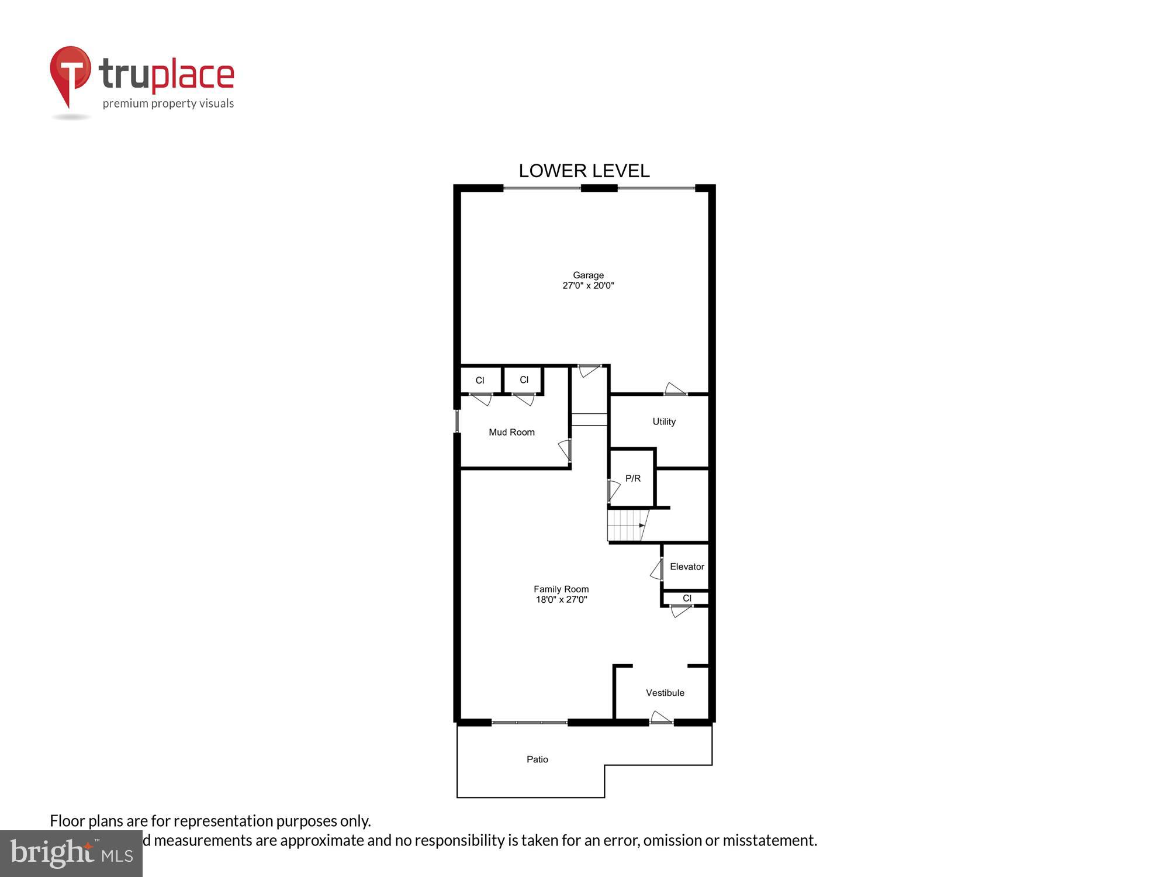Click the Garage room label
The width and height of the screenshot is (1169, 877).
tap(588, 275)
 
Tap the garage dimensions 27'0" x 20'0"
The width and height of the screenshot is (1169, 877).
tap(588, 286)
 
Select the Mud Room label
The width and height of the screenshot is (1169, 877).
tap(511, 433)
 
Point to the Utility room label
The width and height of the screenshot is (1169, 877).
tap(664, 422)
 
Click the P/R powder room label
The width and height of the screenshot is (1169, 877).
tap(632, 478)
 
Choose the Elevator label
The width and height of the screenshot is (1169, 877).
tap(687, 567)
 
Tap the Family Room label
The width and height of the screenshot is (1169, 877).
tap(561, 589)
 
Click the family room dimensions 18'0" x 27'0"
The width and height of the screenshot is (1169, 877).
tap(561, 600)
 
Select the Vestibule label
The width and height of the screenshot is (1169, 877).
tap(665, 693)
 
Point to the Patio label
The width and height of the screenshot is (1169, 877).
tap(537, 759)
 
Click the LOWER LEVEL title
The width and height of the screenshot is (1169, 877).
tap(584, 171)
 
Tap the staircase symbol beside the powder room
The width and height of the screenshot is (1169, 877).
tap(627, 525)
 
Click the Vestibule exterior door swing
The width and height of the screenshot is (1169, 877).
tap(661, 717)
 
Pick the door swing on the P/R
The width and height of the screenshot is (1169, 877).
tap(613, 490)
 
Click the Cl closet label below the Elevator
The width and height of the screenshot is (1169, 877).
tap(687, 598)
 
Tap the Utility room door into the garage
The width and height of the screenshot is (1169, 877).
tap(675, 389)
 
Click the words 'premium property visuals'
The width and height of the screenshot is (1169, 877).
tap(168, 104)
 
